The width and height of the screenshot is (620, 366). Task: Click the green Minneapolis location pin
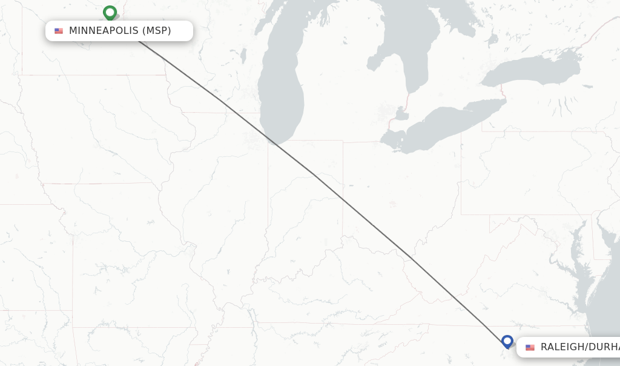coord(110,12)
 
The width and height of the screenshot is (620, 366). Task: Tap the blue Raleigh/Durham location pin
coord(507,341)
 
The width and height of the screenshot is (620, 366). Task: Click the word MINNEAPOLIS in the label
coord(104,30)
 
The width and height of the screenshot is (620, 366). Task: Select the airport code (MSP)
coord(157,30)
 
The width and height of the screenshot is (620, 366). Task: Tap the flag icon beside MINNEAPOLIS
coord(59,31)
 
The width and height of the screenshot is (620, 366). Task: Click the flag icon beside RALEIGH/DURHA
coord(530,347)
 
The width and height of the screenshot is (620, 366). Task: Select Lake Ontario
coord(533,70)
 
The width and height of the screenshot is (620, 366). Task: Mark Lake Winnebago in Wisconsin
coord(243,56)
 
